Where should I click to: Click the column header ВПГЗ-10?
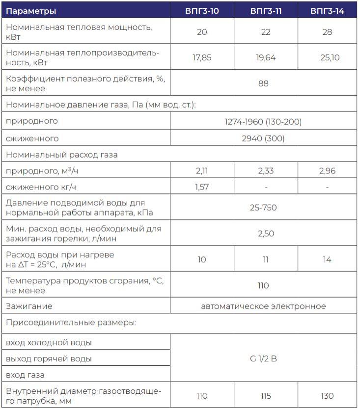[202, 11]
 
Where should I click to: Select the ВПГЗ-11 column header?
[266, 11]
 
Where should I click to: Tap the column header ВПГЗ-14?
[327, 11]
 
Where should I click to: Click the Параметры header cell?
[31, 11]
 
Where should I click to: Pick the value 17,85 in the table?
[202, 57]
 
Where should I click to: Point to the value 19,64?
[266, 57]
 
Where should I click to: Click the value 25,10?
[327, 57]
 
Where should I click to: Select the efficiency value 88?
[264, 83]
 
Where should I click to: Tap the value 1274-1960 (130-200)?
[263, 121]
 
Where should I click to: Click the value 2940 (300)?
[263, 138]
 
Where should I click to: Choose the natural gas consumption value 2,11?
[202, 171]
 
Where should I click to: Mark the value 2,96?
[327, 171]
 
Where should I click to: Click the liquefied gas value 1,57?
[202, 187]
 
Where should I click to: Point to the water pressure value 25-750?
[263, 208]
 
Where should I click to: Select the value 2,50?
[266, 234]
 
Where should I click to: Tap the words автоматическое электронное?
[263, 306]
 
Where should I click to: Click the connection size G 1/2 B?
[263, 358]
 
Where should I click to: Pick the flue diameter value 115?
[266, 396]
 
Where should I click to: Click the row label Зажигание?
[29, 306]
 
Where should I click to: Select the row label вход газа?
[25, 375]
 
